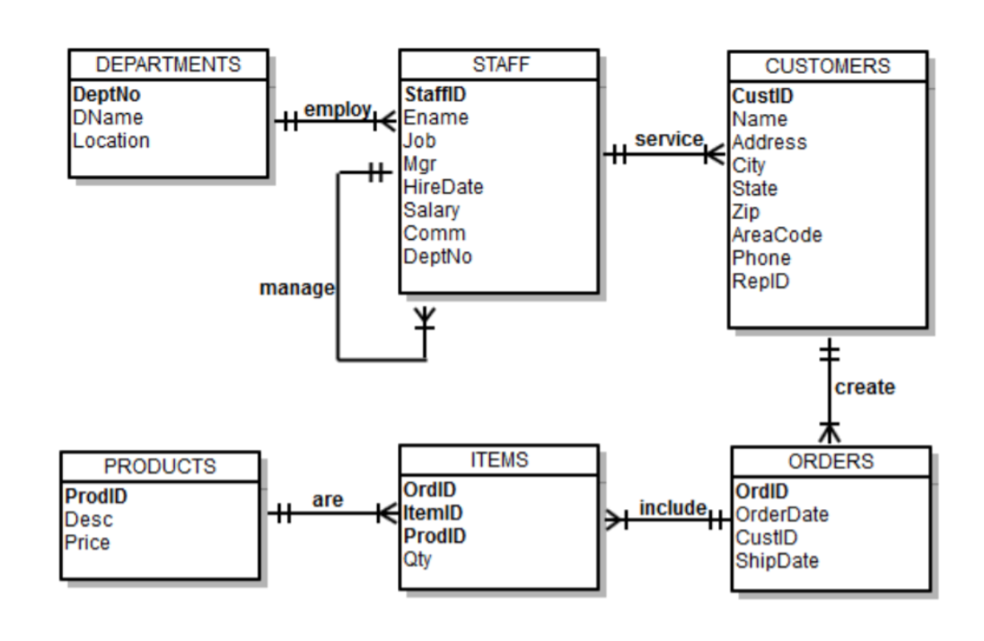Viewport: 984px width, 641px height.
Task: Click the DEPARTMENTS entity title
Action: pyautogui.click(x=168, y=65)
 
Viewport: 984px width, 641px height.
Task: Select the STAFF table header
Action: pyautogui.click(x=498, y=65)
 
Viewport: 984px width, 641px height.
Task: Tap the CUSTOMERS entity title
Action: pyautogui.click(x=828, y=66)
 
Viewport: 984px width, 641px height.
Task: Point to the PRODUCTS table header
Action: pyautogui.click(x=160, y=466)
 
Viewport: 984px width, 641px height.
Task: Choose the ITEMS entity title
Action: pyautogui.click(x=498, y=460)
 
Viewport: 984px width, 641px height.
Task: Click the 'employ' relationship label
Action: pyautogui.click(x=336, y=109)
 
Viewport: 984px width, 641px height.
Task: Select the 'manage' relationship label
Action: pyautogui.click(x=296, y=288)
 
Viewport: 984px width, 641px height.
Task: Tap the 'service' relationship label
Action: pyautogui.click(x=668, y=139)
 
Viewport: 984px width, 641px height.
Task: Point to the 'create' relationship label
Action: pyautogui.click(x=865, y=388)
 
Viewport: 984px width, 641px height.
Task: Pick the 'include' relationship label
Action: pyautogui.click(x=672, y=507)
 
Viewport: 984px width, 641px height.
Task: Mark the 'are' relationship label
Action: pyautogui.click(x=328, y=501)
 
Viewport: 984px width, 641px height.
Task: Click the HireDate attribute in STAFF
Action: pyautogui.click(x=444, y=188)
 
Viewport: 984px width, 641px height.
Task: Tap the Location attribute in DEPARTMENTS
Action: pyautogui.click(x=111, y=141)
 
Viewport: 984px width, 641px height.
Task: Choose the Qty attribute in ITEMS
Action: pyautogui.click(x=417, y=559)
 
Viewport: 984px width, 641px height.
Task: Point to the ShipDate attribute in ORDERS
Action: pyautogui.click(x=777, y=560)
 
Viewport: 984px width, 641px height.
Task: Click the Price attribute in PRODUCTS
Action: pyautogui.click(x=87, y=542)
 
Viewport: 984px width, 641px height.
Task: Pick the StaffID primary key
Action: pyautogui.click(x=435, y=94)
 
